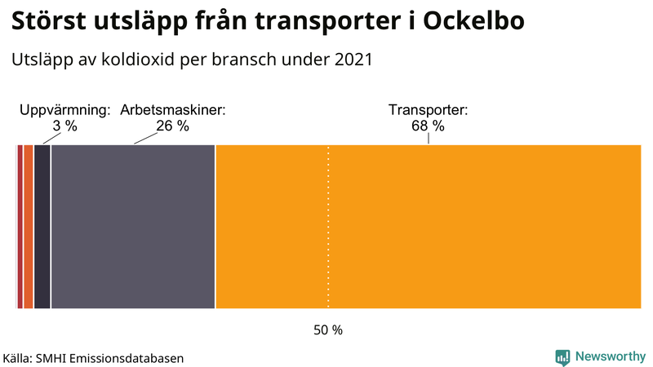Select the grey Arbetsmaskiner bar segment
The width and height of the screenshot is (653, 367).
pyautogui.click(x=132, y=227)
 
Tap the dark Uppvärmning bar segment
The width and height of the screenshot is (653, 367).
pyautogui.click(x=42, y=227)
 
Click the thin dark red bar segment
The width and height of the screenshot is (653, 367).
pyautogui.click(x=20, y=227)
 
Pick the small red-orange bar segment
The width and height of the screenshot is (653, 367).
pyautogui.click(x=29, y=227)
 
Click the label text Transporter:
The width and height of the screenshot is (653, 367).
pyautogui.click(x=428, y=110)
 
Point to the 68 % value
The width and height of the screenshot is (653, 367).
pyautogui.click(x=428, y=126)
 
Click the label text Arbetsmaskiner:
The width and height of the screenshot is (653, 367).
pyautogui.click(x=173, y=110)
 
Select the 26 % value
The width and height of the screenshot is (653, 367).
pyautogui.click(x=172, y=126)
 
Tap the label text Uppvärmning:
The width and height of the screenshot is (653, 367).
pyautogui.click(x=65, y=110)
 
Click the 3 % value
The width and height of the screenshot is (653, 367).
pyautogui.click(x=64, y=126)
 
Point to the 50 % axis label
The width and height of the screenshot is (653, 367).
pyautogui.click(x=328, y=330)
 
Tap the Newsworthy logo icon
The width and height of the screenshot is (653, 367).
pyautogui.click(x=562, y=356)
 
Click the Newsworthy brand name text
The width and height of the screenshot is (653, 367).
pyautogui.click(x=609, y=356)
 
